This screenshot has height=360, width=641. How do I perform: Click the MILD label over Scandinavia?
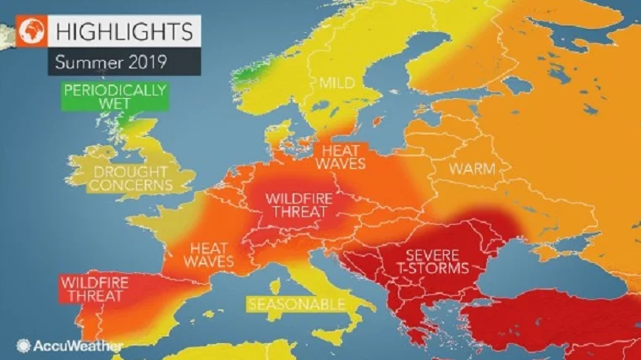coord(335,83)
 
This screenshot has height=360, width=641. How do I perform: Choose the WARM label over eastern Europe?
coord(471,169)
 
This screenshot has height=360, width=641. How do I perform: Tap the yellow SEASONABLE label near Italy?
coord(297,303)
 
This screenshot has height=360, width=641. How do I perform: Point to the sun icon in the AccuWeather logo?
coord(23,345)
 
